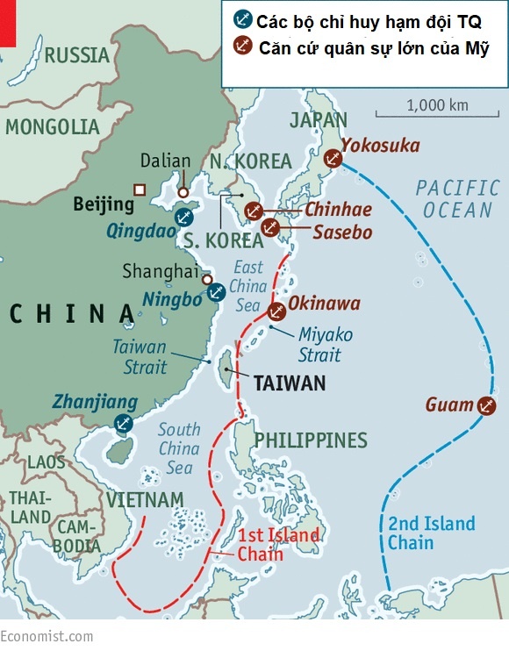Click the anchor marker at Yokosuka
click(332, 158)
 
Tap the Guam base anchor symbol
click(485, 405)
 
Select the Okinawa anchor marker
click(276, 310)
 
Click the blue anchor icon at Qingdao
click(183, 216)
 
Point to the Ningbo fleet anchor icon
click(215, 292)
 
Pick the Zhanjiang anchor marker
click(124, 424)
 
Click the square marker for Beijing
click(139, 190)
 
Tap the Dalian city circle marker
click(183, 191)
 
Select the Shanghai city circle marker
click(207, 280)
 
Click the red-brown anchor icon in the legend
click(241, 46)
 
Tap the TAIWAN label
click(289, 383)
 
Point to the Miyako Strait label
click(326, 344)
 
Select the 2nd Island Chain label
click(431, 533)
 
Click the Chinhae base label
click(338, 210)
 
